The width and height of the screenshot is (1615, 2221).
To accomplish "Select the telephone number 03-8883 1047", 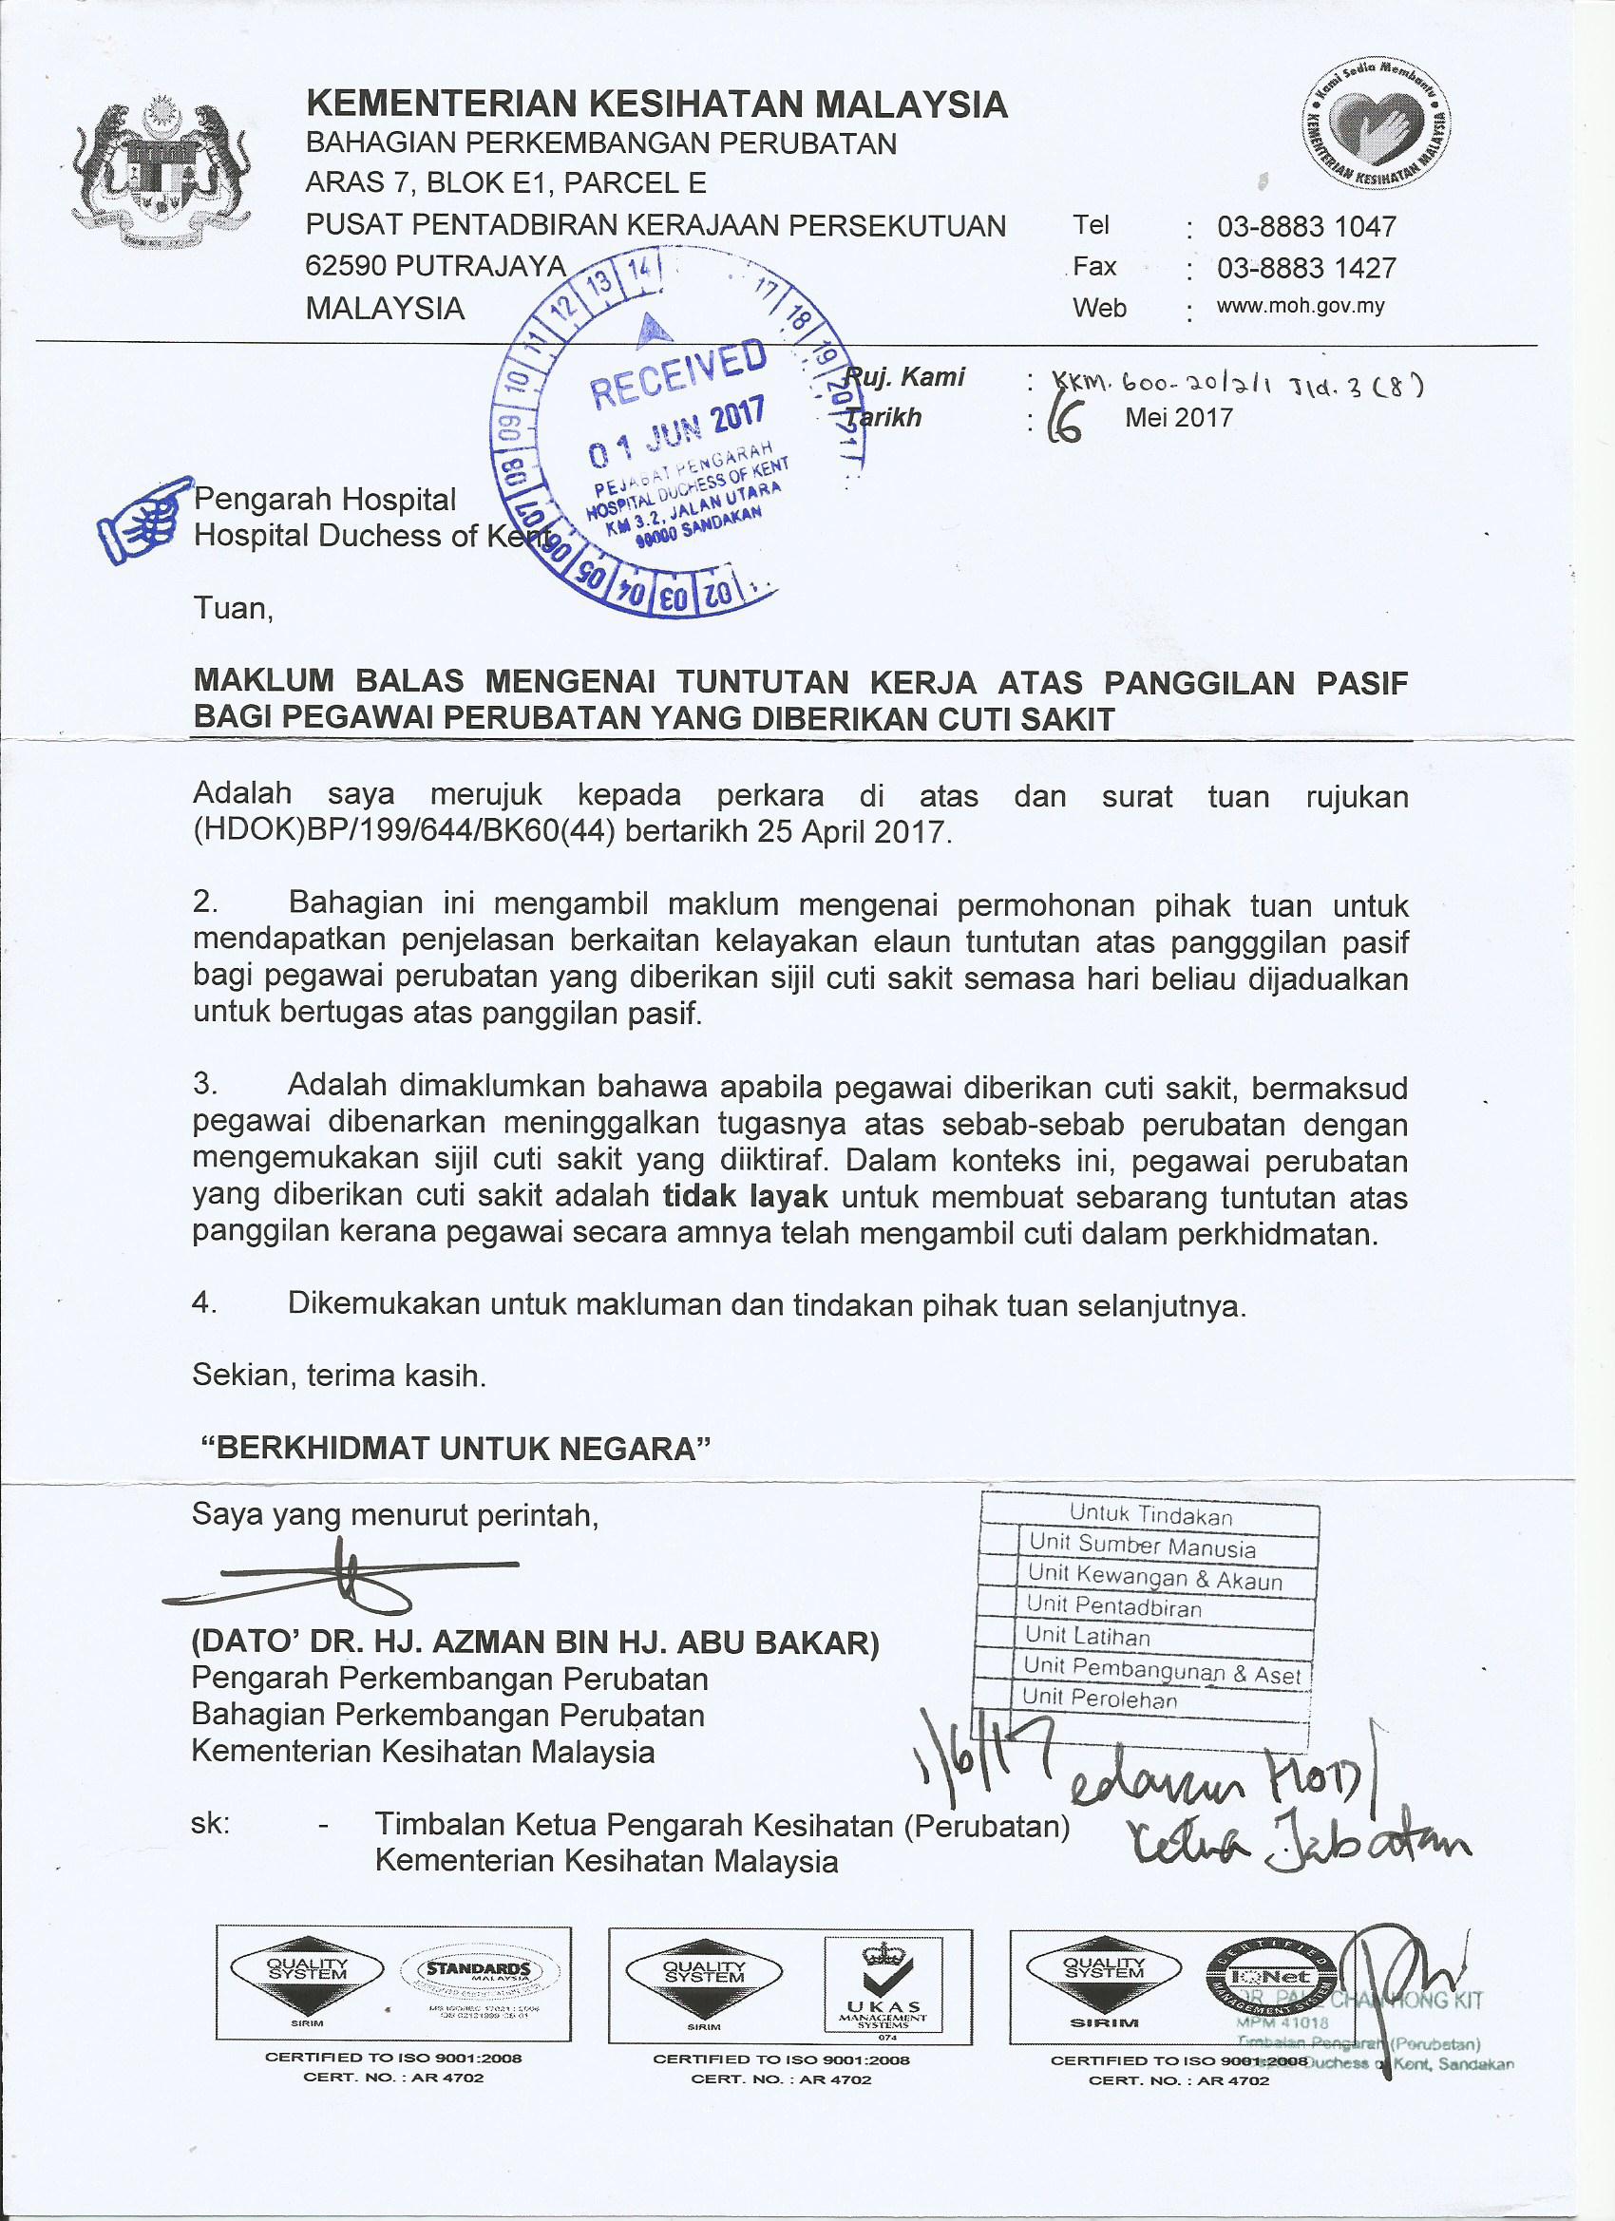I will pos(1305,227).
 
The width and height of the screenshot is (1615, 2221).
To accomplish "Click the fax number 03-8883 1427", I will pos(1305,268).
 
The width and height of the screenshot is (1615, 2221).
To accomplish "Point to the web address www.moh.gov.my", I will pos(1286,307).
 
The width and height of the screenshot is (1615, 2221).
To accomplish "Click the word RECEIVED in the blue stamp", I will pos(678,375).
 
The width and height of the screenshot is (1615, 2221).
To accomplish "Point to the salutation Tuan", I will pos(232,608).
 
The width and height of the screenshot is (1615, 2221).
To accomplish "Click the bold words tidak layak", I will pos(746,1197).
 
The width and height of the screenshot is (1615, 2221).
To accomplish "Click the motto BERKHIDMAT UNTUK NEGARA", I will pos(452,1449).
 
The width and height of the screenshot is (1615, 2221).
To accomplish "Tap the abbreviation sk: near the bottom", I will pos(212,1826).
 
